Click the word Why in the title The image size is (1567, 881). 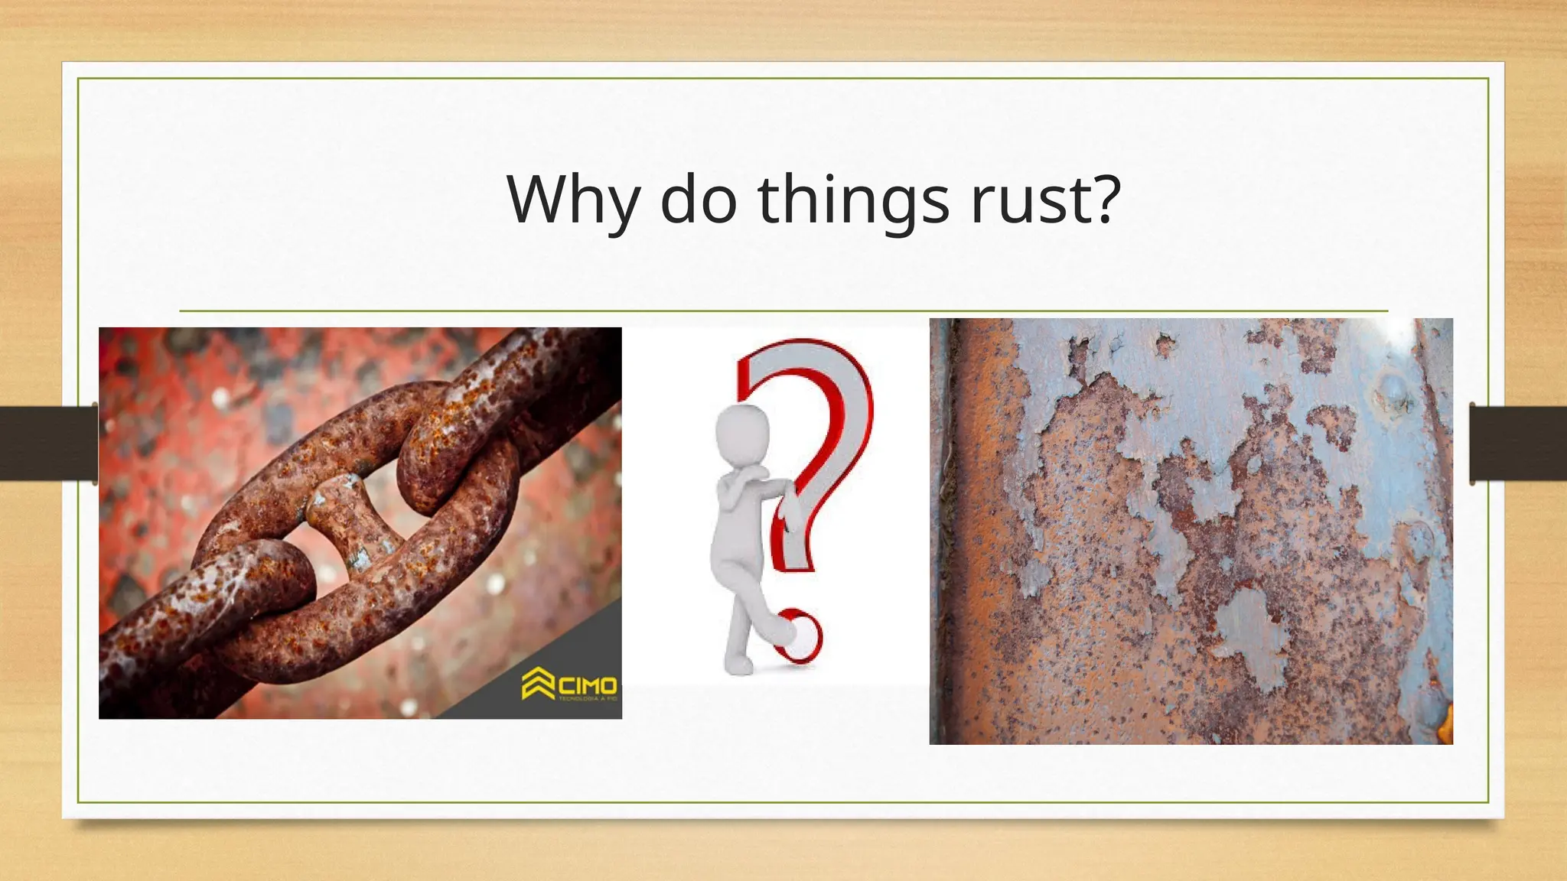click(573, 200)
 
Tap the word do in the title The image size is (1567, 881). click(698, 200)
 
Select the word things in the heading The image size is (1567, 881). click(853, 200)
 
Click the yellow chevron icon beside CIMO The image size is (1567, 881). click(538, 683)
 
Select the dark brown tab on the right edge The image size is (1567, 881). click(1518, 444)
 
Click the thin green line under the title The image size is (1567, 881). click(783, 311)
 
